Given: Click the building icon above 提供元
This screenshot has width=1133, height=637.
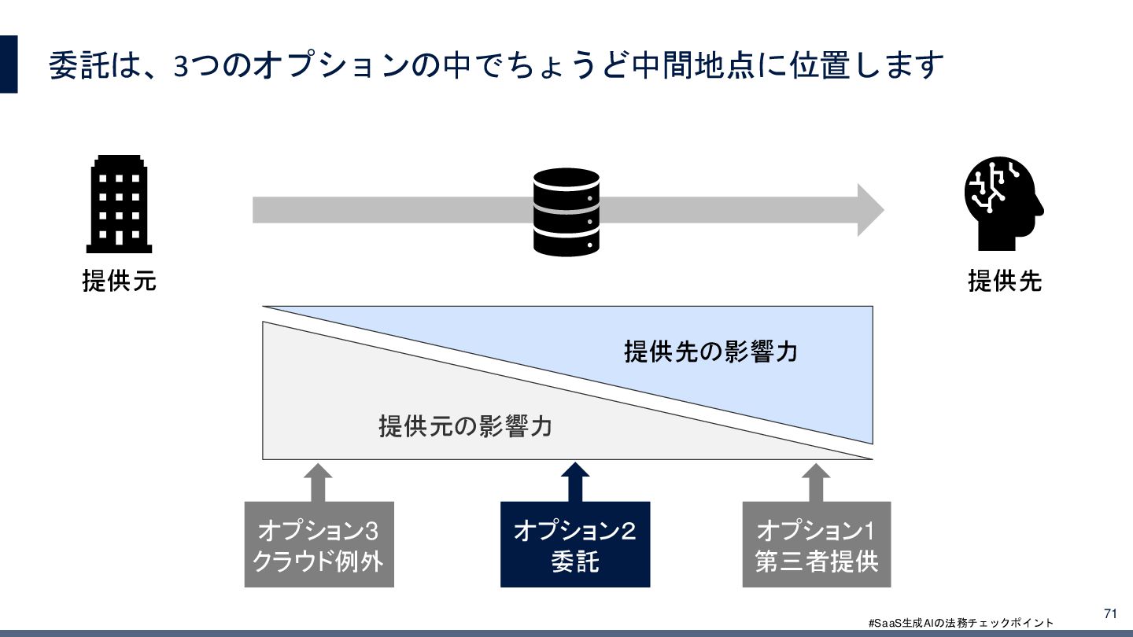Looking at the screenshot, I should pyautogui.click(x=119, y=204).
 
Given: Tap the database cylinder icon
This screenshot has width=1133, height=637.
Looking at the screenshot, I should pyautogui.click(x=566, y=212).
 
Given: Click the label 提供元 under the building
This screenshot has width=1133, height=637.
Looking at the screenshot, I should pyautogui.click(x=119, y=281).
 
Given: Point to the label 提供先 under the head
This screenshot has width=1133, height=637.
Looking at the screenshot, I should pyautogui.click(x=1005, y=281).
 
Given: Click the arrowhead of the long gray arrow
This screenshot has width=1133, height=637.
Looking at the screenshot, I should pyautogui.click(x=869, y=210).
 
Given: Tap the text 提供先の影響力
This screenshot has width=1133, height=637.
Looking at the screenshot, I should pyautogui.click(x=710, y=352).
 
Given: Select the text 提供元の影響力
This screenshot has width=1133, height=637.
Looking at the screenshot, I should pyautogui.click(x=465, y=426).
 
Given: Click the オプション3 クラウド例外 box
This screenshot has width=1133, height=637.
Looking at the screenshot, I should pyautogui.click(x=319, y=544).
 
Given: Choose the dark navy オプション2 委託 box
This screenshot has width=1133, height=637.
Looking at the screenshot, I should pyautogui.click(x=575, y=544).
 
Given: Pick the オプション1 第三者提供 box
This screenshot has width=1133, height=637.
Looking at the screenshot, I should pyautogui.click(x=816, y=544).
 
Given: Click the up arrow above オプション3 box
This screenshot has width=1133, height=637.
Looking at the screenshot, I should pyautogui.click(x=318, y=481).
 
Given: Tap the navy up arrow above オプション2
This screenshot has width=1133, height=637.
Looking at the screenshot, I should pyautogui.click(x=575, y=481).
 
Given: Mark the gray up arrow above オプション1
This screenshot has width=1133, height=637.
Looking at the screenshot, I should pyautogui.click(x=815, y=481).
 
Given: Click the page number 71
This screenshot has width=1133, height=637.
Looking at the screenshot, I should pyautogui.click(x=1110, y=613).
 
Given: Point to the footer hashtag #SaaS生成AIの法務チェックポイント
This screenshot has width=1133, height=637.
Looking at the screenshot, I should pyautogui.click(x=960, y=623).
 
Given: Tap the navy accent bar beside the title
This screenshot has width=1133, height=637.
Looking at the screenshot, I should pyautogui.click(x=8, y=64).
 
